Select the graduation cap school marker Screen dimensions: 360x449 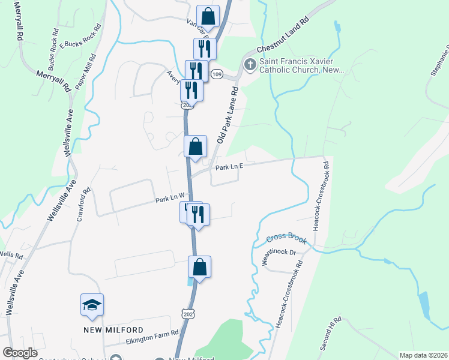[x=92, y=305]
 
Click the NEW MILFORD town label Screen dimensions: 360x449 [x=113, y=330]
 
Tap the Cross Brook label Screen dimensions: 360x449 [x=287, y=239]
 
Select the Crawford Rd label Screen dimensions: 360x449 [x=82, y=205]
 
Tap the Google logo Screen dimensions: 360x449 [x=20, y=353]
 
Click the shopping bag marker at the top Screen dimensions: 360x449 [x=208, y=16]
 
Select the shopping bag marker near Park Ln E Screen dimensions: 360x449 [x=195, y=146]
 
